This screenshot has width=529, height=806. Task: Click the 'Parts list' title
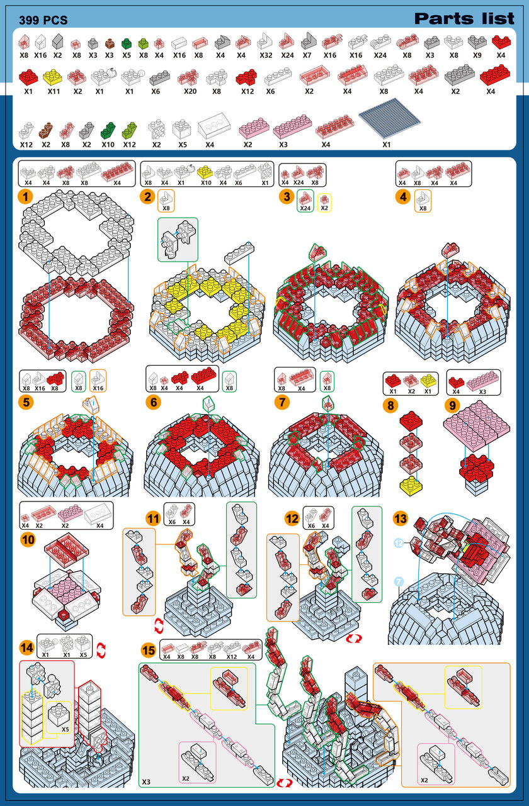pyautogui.click(x=464, y=18)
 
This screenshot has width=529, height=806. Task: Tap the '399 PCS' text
pyautogui.click(x=43, y=20)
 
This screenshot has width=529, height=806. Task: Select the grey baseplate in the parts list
pyautogui.click(x=390, y=118)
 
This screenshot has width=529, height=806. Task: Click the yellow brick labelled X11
pyautogui.click(x=52, y=77)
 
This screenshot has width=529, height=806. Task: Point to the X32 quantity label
pyautogui.click(x=266, y=55)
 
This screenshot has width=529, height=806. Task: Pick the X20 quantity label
pyautogui.click(x=190, y=91)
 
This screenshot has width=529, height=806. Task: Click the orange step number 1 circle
pyautogui.click(x=25, y=197)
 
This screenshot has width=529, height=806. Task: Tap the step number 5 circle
pyautogui.click(x=26, y=402)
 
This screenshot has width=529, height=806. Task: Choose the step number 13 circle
pyautogui.click(x=400, y=518)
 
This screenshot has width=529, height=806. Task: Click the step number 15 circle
pyautogui.click(x=149, y=651)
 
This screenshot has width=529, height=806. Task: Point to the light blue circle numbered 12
pyautogui.click(x=399, y=542)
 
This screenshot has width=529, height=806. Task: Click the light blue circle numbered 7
pyautogui.click(x=399, y=581)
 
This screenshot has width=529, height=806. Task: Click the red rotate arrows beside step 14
pyautogui.click(x=101, y=651)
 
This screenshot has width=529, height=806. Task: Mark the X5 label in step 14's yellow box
pyautogui.click(x=65, y=729)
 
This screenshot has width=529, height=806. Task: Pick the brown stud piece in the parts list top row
pyautogui.click(x=110, y=43)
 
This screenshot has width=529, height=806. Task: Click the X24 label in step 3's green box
pyautogui.click(x=305, y=208)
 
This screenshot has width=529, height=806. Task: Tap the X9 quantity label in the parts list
pyautogui.click(x=477, y=55)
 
